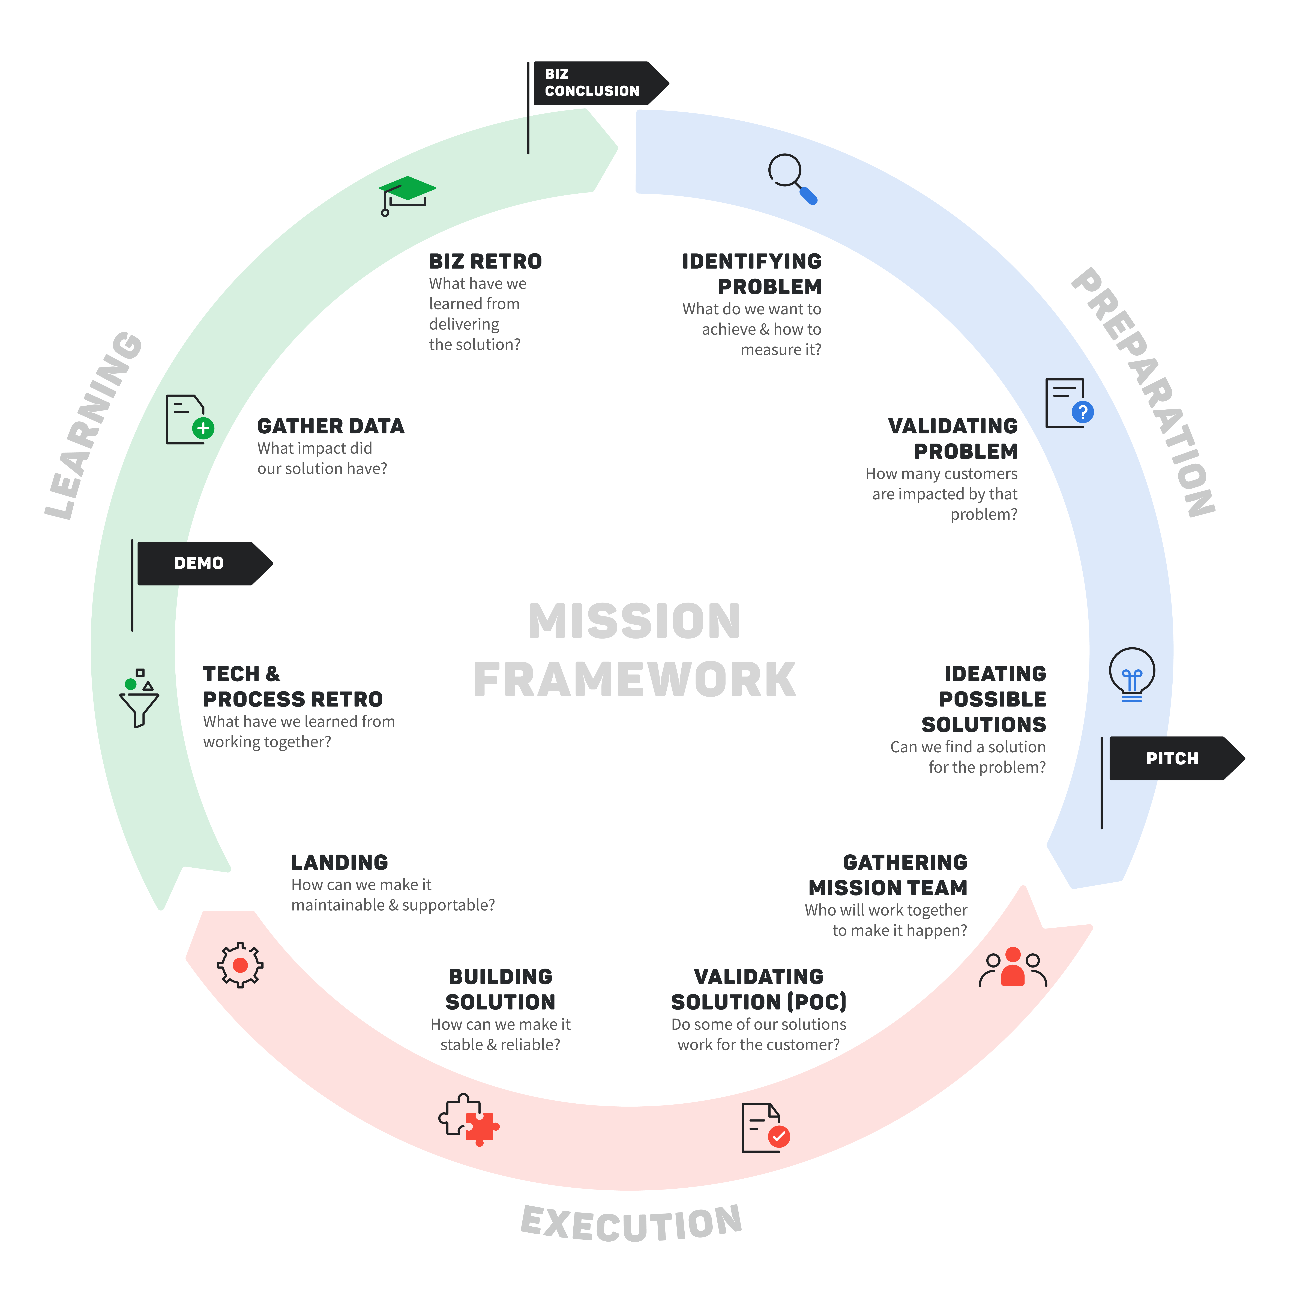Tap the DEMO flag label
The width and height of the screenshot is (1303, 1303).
[199, 563]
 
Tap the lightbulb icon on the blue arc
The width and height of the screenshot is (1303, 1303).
[1132, 671]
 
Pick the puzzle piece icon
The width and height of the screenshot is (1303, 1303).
[460, 1114]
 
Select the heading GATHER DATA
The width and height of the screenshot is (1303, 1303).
[330, 426]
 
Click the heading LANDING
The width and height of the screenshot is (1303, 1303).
[339, 863]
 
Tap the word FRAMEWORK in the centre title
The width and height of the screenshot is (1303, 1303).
[634, 680]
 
